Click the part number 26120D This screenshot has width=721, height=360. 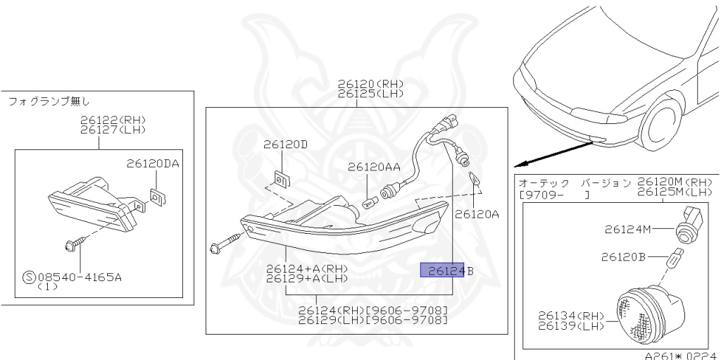tap(285, 144)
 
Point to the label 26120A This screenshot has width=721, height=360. tap(477, 214)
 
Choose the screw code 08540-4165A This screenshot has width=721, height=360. tap(80, 278)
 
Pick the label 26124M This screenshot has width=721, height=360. tap(627, 229)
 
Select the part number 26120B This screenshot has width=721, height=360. tap(623, 257)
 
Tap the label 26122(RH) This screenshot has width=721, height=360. tap(113, 120)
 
